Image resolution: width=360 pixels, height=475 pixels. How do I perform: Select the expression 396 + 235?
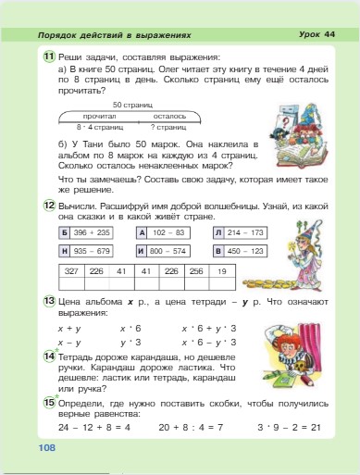tap(93, 232)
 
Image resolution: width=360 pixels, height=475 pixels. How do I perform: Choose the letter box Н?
tap(64, 250)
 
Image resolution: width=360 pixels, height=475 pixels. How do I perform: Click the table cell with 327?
tap(70, 272)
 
